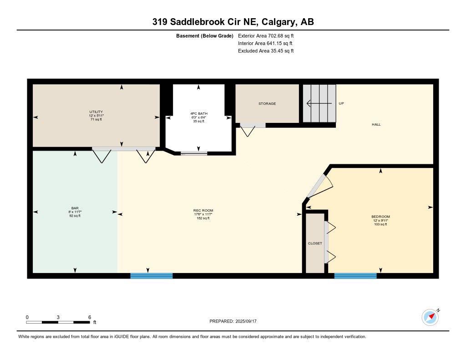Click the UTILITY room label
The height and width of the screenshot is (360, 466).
coord(96,112)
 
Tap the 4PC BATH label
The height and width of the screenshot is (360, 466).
coord(199,113)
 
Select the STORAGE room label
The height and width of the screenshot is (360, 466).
coord(267,104)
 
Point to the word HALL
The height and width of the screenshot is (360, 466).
coord(376,124)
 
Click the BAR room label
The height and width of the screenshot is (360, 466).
coord(75,208)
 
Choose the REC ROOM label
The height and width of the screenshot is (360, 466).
coord(203,210)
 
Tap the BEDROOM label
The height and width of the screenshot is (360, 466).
coord(380,217)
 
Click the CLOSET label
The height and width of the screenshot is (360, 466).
coord(315,243)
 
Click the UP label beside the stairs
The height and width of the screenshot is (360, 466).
coord(341,103)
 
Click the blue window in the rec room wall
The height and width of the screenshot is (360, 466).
coord(152,276)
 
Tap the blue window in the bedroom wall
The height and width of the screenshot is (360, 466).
coord(355,276)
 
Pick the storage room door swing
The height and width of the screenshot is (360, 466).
coord(248,131)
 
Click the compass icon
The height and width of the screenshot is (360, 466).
coord(430,317)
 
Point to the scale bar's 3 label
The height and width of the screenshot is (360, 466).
coord(58,317)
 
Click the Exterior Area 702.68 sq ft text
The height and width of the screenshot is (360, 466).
coord(265,35)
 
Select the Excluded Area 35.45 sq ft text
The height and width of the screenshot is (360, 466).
coord(266,51)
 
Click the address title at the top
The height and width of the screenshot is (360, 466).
coord(233,22)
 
